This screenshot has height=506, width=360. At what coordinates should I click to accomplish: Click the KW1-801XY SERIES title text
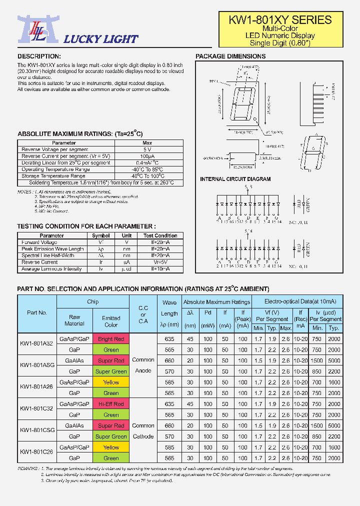(x=280, y=20)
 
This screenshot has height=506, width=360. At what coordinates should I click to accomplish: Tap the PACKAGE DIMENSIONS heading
(x=230, y=56)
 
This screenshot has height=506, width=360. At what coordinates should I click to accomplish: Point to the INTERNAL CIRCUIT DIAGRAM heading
(x=235, y=179)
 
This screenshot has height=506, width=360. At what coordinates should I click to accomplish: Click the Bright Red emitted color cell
(x=111, y=339)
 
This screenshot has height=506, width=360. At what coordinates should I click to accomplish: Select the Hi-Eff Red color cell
(x=111, y=404)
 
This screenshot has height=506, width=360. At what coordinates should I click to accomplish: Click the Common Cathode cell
(x=143, y=431)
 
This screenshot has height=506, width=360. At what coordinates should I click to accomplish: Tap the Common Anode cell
(x=143, y=365)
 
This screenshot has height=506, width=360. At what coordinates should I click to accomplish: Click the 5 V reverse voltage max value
(x=147, y=149)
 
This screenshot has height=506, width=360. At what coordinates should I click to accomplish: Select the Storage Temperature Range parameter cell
(x=53, y=176)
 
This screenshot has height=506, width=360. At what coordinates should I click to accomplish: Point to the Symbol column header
(x=101, y=235)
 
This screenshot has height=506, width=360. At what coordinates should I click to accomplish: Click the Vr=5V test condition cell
(x=160, y=262)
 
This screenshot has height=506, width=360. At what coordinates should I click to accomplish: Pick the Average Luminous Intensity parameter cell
(x=51, y=269)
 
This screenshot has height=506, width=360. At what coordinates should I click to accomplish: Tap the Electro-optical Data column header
(x=296, y=301)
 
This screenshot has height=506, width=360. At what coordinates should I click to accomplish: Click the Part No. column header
(x=37, y=312)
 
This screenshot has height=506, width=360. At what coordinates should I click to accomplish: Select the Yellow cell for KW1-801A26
(x=111, y=382)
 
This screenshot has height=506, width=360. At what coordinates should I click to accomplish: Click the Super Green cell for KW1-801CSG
(x=111, y=436)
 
